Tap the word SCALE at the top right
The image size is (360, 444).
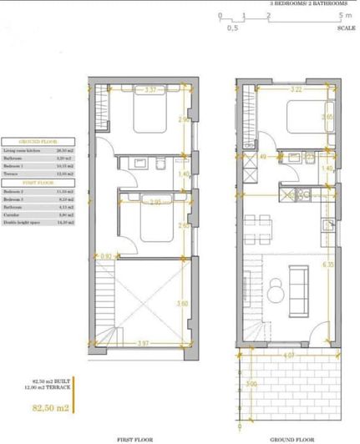(x=346, y=28)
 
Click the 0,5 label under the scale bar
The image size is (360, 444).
(x=233, y=28)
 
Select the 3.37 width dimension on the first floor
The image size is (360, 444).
(x=150, y=89)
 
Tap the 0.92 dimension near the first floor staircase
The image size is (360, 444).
(x=106, y=257)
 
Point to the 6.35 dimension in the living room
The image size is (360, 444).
(x=328, y=265)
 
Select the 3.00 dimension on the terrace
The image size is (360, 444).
(x=251, y=386)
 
